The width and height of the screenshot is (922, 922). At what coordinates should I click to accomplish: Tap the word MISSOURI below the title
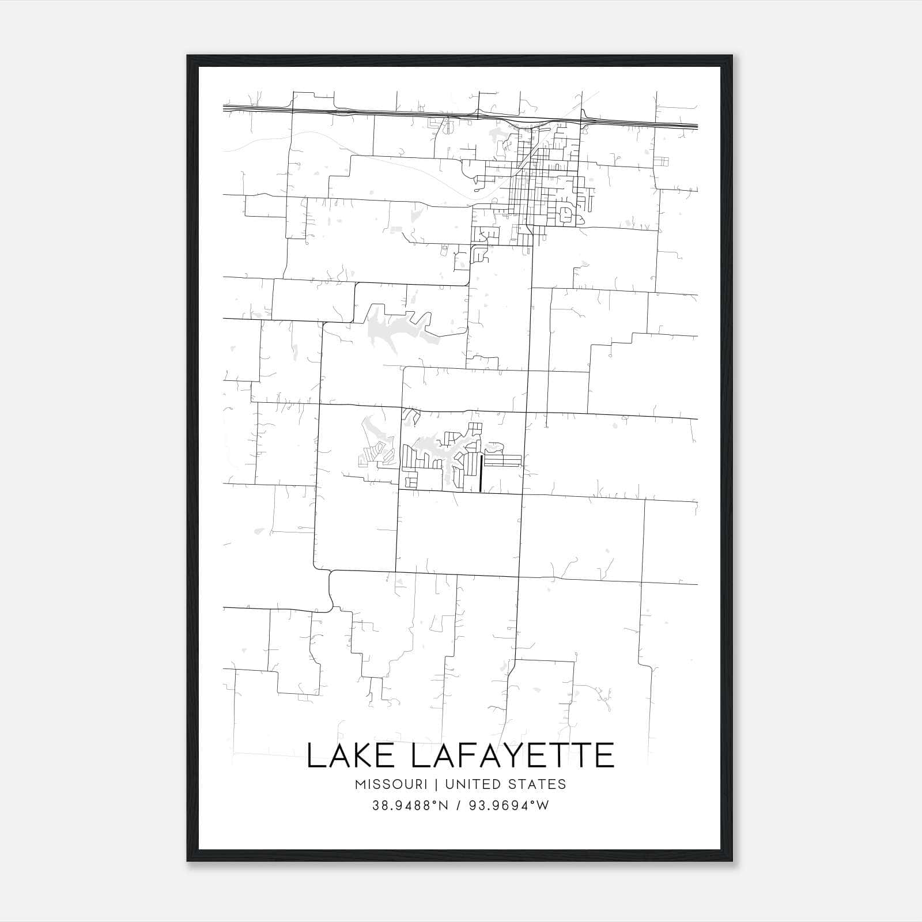pyautogui.click(x=391, y=784)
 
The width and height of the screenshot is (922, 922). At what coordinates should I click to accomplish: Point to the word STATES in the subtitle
pyautogui.click(x=538, y=784)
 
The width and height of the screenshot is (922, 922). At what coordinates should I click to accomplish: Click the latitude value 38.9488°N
pyautogui.click(x=410, y=806)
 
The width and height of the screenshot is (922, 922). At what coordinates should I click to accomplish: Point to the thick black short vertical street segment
pyautogui.click(x=481, y=473)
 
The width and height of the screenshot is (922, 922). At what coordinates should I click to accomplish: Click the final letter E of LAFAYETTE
pyautogui.click(x=605, y=756)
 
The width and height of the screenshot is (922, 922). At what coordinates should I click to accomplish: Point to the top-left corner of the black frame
pyautogui.click(x=188, y=56)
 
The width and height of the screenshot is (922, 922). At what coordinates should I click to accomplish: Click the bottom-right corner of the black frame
pyautogui.click(x=732, y=860)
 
